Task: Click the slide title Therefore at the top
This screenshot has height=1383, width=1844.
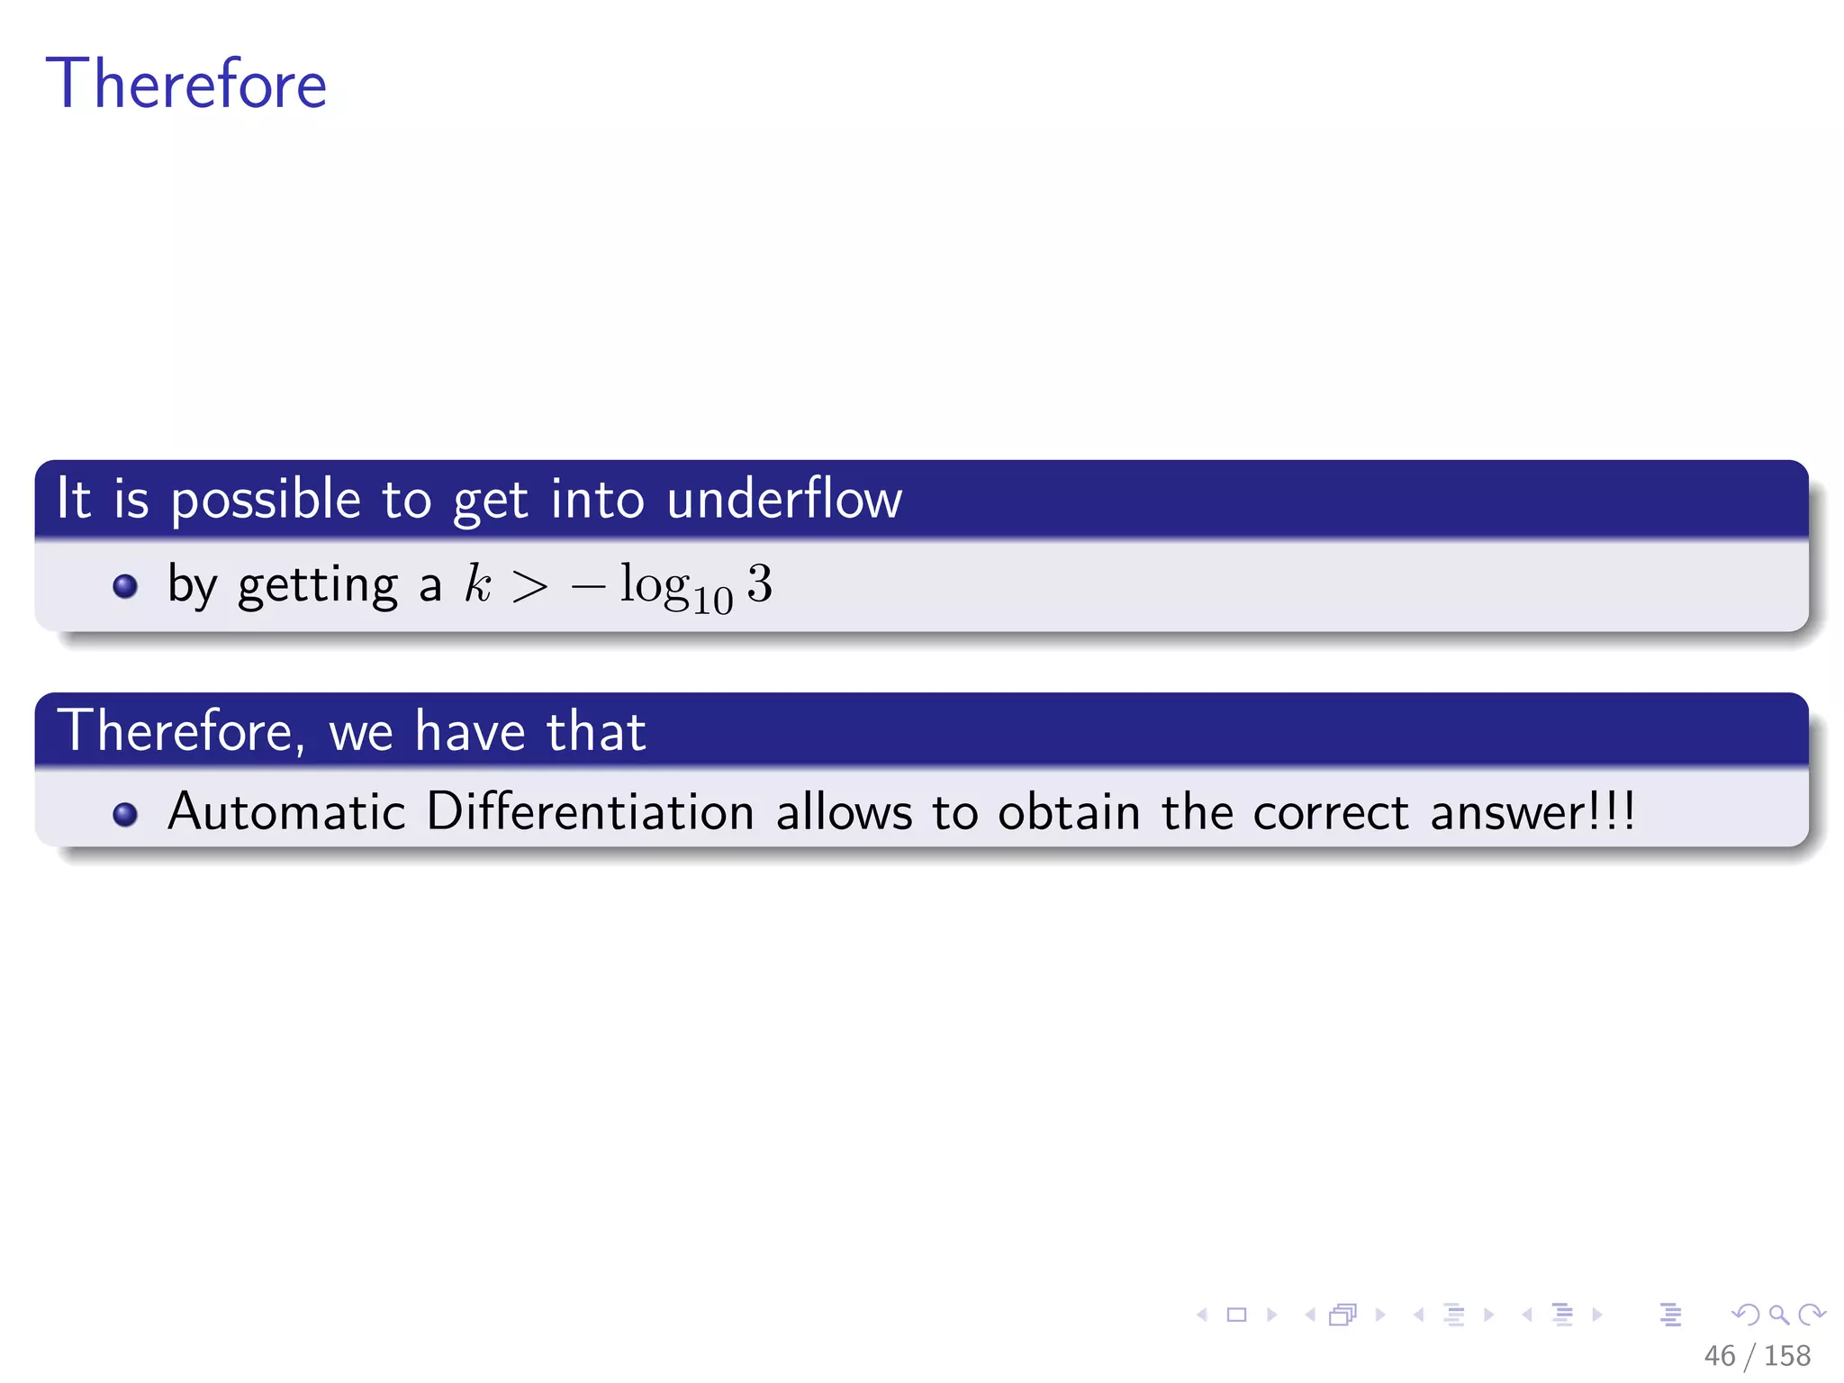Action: pos(185,84)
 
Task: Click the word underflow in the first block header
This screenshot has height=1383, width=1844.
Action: pos(783,499)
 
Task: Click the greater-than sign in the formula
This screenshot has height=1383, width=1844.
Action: pos(529,587)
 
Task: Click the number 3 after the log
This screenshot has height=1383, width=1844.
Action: pos(759,583)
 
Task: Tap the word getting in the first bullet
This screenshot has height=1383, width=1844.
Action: pos(317,587)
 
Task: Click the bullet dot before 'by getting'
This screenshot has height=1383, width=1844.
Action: pos(125,586)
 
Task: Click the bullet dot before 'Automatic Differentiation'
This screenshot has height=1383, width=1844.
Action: pos(125,814)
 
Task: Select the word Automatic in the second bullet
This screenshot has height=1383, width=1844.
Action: pos(286,811)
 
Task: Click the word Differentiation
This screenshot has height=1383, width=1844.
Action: pos(590,811)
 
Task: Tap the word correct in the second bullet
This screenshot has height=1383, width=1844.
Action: pos(1330,813)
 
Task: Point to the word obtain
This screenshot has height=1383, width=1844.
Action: pos(1069,811)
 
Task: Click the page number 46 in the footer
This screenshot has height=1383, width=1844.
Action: pos(1719,1355)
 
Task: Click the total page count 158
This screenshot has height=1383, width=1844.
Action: pos(1786,1355)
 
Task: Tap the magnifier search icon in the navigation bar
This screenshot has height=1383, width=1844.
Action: pos(1778,1315)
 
